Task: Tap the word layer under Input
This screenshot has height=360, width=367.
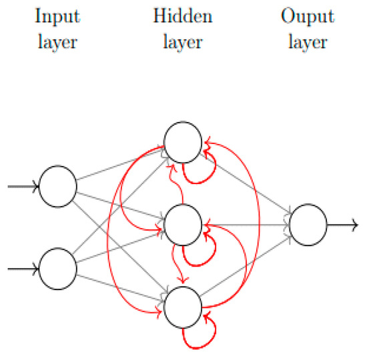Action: pyautogui.click(x=57, y=42)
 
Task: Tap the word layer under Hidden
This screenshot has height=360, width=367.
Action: pyautogui.click(x=183, y=42)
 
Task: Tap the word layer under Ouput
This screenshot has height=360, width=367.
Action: pyautogui.click(x=308, y=42)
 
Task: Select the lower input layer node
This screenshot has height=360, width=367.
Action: pyautogui.click(x=58, y=268)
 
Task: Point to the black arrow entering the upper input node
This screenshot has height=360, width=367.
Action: pyautogui.click(x=23, y=186)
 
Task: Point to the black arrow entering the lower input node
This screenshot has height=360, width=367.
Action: pyautogui.click(x=23, y=269)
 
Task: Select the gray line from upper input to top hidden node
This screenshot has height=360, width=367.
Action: pyautogui.click(x=120, y=165)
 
